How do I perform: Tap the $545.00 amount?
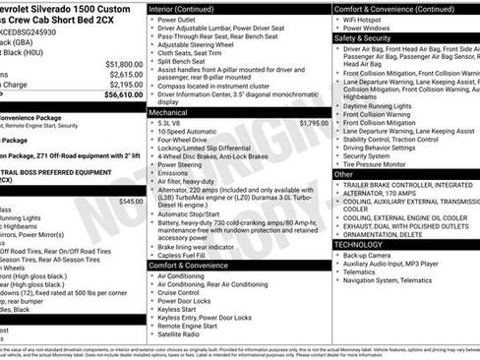pos(129,201)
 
